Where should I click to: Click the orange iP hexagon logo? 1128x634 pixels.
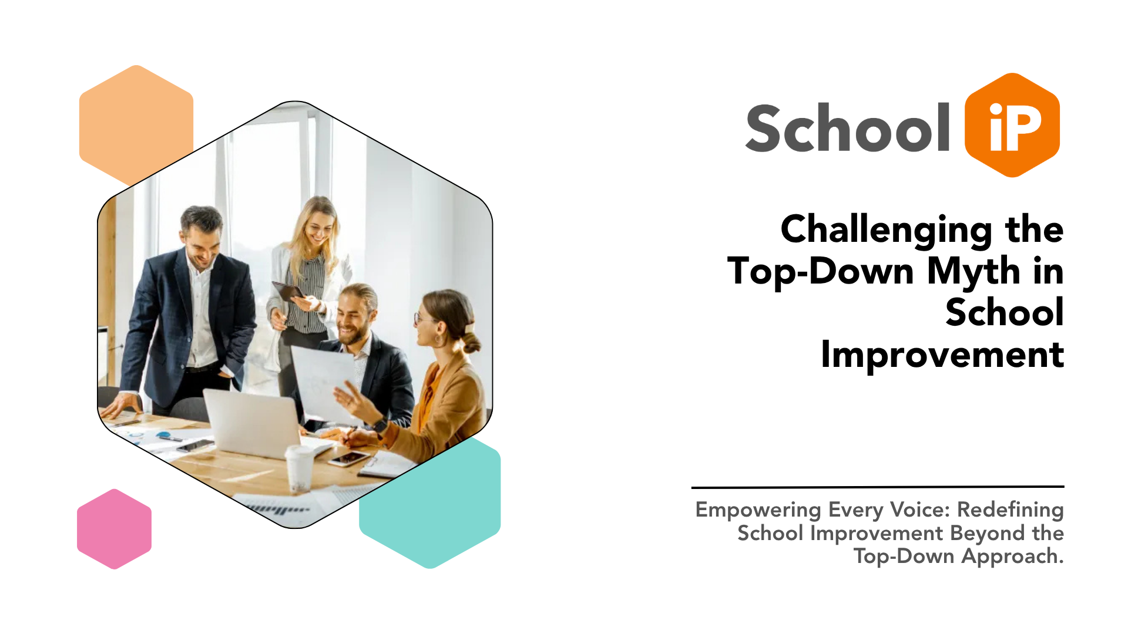1012,125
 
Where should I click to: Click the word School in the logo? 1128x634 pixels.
847,128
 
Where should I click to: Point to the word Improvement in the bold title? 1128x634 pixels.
942,355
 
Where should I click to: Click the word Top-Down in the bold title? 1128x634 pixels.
821,272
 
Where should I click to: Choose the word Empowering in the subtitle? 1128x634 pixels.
758,510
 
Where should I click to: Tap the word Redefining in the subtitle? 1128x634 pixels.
1010,510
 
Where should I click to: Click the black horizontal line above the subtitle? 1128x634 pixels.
877,487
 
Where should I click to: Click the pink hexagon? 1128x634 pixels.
114,529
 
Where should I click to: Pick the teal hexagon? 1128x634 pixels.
446,517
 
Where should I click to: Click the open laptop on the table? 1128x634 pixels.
253,423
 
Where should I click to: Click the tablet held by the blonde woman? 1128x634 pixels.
287,291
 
